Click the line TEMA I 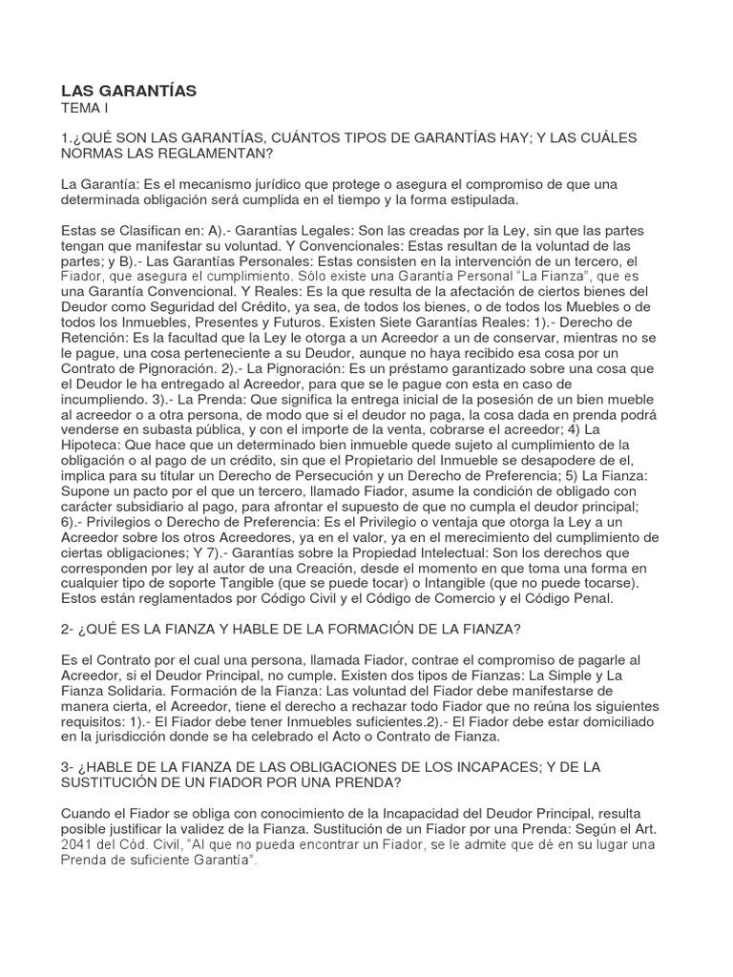[85, 109]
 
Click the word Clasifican [153, 230]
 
